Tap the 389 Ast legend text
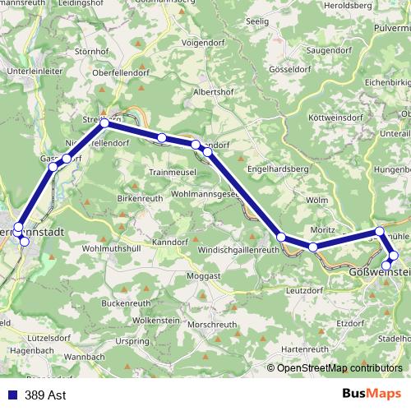(x=46, y=395)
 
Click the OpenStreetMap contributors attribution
(x=339, y=369)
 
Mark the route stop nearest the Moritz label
(x=313, y=247)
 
